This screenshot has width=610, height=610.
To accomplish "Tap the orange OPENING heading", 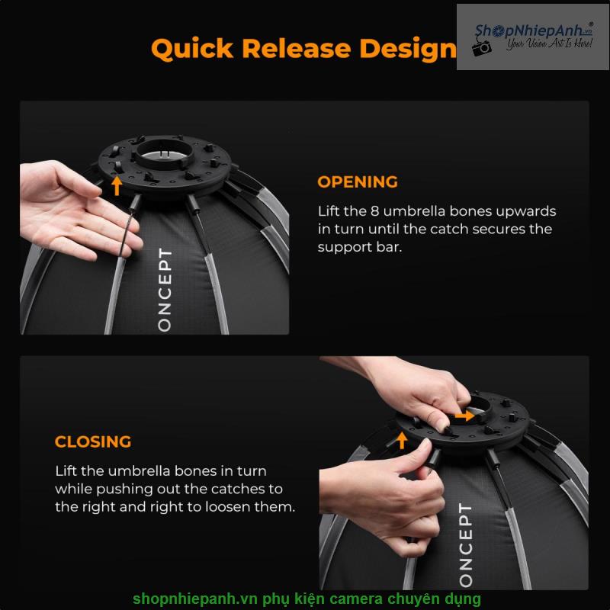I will coord(357,182).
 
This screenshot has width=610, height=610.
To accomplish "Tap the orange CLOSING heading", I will coord(92,441).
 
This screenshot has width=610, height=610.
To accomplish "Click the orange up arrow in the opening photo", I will coord(117,185).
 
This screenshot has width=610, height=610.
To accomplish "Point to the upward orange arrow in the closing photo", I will coord(402,440).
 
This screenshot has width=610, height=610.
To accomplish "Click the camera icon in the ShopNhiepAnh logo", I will coord(482,48).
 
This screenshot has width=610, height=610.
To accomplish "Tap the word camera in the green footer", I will coord(352,599).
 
